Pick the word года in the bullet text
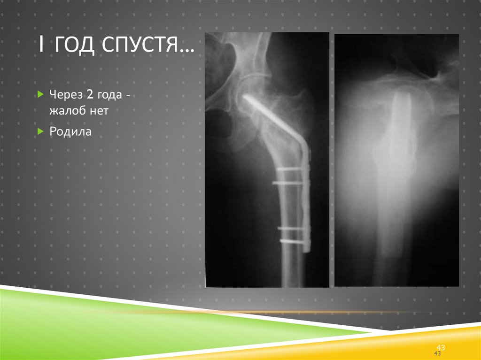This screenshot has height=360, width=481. click(110, 95)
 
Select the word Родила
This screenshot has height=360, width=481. click(70, 132)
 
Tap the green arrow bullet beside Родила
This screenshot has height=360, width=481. click(40, 132)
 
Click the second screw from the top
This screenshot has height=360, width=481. click(289, 183)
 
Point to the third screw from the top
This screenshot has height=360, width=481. click(292, 228)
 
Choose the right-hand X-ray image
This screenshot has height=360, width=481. click(396, 160)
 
